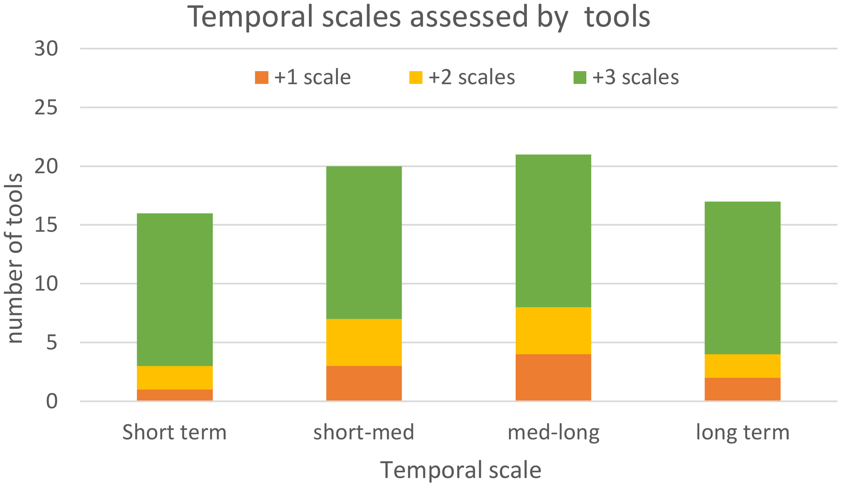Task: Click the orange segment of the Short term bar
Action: [x=174, y=395]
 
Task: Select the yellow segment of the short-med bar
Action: [x=364, y=342]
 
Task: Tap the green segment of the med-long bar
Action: [x=553, y=231]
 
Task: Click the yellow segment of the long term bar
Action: [x=742, y=366]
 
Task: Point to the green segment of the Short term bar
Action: [x=174, y=289]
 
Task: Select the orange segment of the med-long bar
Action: [x=553, y=377]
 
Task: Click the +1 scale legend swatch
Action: [x=261, y=77]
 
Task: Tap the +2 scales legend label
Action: [x=471, y=77]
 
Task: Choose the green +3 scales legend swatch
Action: [x=580, y=77]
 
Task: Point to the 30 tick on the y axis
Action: [x=46, y=49]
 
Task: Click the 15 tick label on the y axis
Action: [x=46, y=225]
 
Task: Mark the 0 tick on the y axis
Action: [x=52, y=401]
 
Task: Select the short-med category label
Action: [x=364, y=432]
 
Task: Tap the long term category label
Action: [x=742, y=432]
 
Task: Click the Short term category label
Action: [x=174, y=432]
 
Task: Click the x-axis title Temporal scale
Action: [x=460, y=470]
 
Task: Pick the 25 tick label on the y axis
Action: [x=46, y=108]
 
